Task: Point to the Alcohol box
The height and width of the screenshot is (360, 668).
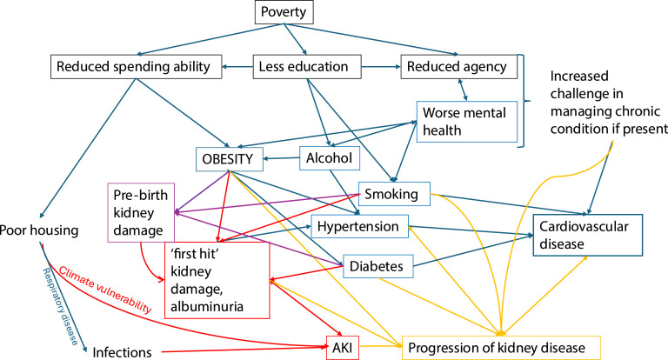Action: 330,158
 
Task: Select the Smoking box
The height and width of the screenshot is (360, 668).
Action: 392,195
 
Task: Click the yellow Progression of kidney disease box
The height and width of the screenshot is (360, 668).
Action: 504,350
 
